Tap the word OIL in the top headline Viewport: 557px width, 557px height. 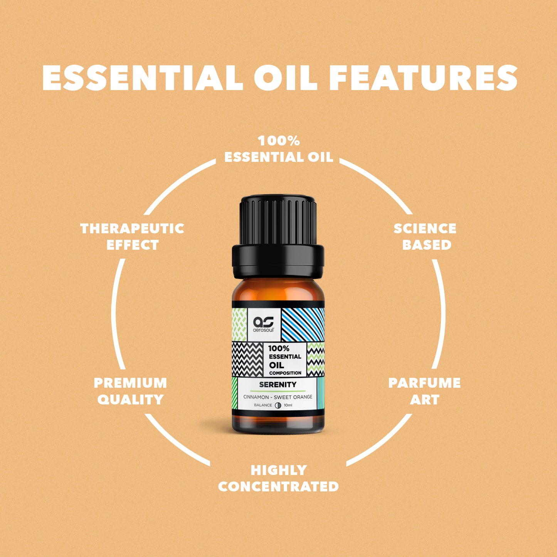[285, 77]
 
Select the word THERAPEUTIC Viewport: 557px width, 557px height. [132, 228]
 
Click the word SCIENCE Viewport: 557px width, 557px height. [425, 228]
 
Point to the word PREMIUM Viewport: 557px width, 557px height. [130, 383]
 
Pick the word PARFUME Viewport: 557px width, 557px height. [424, 383]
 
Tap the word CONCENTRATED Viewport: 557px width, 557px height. [278, 486]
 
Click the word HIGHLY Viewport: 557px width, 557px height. [278, 470]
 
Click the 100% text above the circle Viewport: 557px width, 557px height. [279, 141]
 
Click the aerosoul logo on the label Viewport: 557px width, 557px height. [264, 324]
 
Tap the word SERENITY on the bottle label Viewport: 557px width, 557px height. [278, 384]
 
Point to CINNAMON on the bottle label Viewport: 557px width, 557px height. [255, 397]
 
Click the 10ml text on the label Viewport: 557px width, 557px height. [288, 405]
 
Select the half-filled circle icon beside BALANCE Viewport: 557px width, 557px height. [278, 405]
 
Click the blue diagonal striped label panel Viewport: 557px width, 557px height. [303, 324]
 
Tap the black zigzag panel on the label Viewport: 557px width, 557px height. [247, 359]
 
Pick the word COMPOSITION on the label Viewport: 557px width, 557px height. [285, 373]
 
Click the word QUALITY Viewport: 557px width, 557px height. [131, 399]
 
